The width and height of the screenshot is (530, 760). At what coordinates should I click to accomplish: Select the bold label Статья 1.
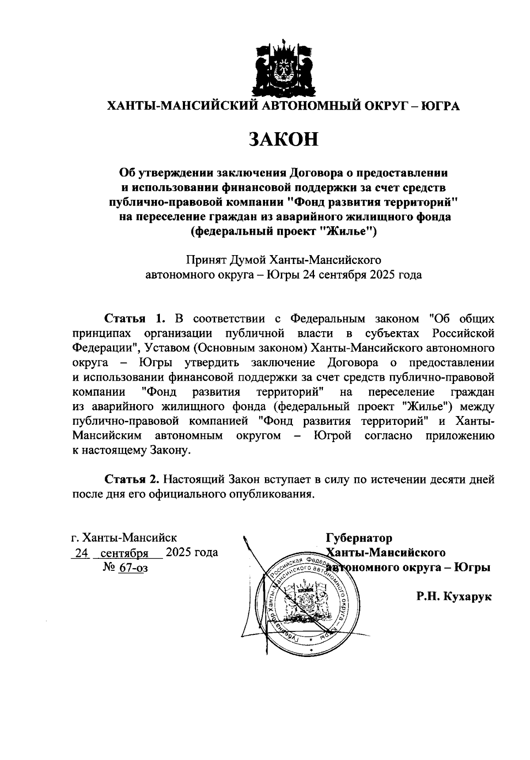coord(135,319)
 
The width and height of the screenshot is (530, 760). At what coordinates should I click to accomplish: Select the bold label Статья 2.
coord(131,479)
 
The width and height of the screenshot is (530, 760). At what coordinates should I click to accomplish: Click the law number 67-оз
coord(133,567)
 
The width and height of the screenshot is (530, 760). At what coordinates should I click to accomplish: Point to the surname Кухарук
coord(467,596)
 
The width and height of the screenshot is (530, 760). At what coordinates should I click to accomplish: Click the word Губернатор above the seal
coord(359,538)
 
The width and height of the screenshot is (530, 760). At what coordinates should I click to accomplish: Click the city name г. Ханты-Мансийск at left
coord(124,538)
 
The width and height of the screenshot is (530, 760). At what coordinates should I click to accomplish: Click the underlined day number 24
coord(81,553)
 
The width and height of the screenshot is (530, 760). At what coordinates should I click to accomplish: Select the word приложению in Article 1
coord(460,435)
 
